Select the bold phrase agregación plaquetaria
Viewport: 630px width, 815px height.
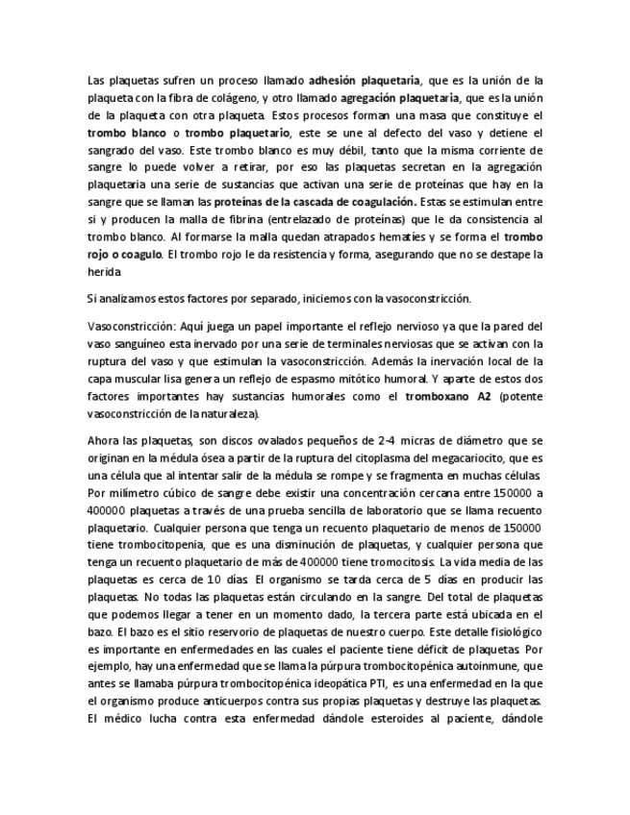(405, 98)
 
